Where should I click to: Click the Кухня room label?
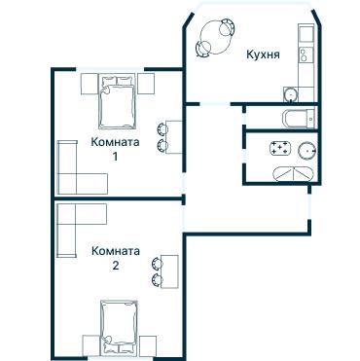click(263, 54)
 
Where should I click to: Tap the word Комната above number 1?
click(115, 142)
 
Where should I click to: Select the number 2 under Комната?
click(116, 266)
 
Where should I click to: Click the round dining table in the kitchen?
click(216, 37)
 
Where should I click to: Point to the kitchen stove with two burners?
click(306, 54)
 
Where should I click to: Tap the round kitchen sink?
click(291, 94)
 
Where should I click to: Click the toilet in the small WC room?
click(299, 119)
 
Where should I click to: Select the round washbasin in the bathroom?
click(306, 150)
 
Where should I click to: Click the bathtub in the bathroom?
click(293, 174)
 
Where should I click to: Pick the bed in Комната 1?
click(117, 101)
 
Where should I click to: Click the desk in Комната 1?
click(174, 137)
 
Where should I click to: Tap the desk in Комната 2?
click(169, 271)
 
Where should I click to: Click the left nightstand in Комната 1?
click(90, 84)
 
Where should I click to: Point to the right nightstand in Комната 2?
click(148, 346)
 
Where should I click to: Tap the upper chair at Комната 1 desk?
click(162, 128)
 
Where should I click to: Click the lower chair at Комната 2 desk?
click(158, 280)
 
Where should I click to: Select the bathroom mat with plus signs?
click(280, 148)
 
